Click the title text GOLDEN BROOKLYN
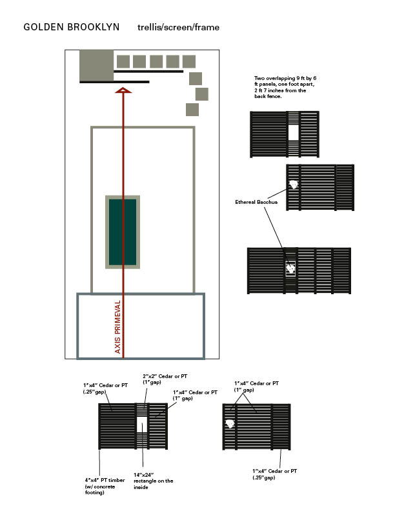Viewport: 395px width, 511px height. [72, 26]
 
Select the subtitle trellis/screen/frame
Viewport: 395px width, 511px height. [178, 27]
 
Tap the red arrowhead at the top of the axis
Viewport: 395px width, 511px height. [123, 90]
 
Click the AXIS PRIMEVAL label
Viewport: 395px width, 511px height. [117, 327]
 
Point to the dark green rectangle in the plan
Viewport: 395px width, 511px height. [123, 232]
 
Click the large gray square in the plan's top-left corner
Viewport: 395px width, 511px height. [96, 65]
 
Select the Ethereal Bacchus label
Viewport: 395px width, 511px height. [256, 202]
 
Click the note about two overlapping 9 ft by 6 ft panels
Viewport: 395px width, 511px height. [285, 87]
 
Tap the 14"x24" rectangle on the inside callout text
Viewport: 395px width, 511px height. [153, 481]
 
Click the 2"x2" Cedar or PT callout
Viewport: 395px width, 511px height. [165, 379]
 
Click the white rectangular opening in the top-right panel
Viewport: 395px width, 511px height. [293, 133]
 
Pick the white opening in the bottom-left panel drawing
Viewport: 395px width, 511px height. [142, 425]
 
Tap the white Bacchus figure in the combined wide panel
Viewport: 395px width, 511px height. [290, 268]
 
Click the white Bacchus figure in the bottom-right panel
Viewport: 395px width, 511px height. [230, 424]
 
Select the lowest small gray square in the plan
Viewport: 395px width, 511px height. [192, 110]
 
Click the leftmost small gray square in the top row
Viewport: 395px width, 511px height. [123, 61]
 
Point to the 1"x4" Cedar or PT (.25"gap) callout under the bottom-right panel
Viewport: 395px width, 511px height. [274, 474]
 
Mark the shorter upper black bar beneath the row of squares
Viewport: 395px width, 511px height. [148, 71]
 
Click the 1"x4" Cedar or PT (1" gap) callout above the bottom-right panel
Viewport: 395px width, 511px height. [256, 386]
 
